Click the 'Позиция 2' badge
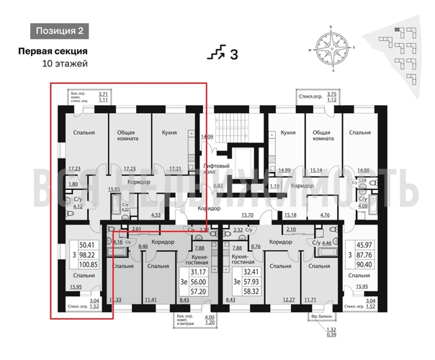coord(60,30)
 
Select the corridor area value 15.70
coord(249,215)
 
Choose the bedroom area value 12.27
coord(289,299)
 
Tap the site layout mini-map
coord(399,45)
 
